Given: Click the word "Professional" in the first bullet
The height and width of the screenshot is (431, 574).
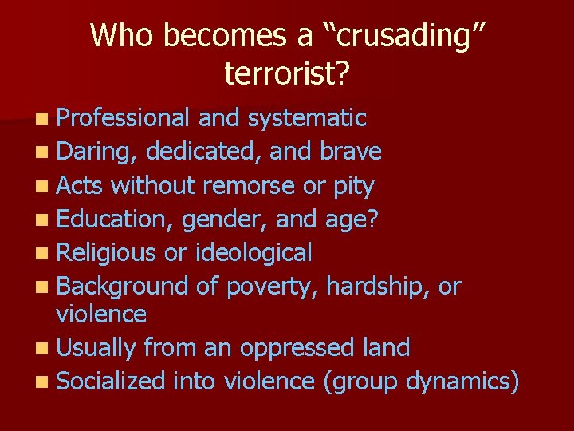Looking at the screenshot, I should [x=124, y=119].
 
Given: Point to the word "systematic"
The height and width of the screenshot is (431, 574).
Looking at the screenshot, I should [x=306, y=119].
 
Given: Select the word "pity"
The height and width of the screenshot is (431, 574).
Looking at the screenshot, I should [x=354, y=186].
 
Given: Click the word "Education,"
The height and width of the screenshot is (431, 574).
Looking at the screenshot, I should [x=116, y=219].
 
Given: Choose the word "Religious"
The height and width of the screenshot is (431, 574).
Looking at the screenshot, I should [x=107, y=253].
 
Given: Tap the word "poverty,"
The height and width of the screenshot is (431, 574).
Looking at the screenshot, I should [x=273, y=286].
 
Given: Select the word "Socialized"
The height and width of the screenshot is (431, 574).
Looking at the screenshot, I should [x=112, y=382].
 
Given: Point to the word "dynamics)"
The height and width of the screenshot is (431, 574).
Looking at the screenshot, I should [x=463, y=382].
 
